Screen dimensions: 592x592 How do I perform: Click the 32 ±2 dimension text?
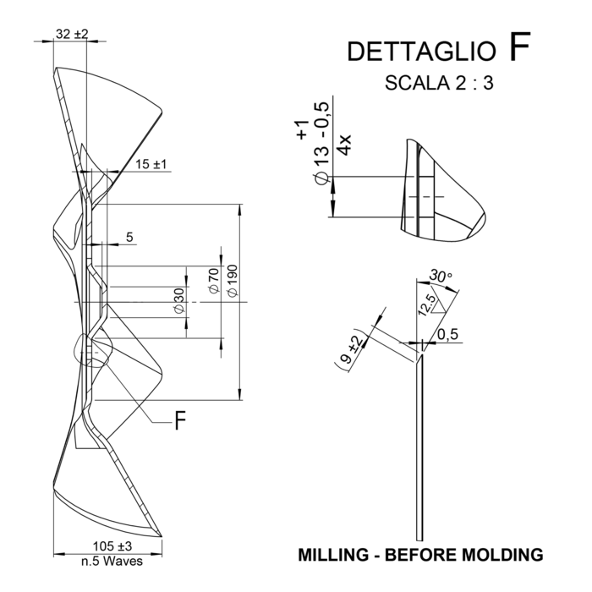pyautogui.click(x=72, y=34)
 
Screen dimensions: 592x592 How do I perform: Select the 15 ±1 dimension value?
pyautogui.click(x=151, y=164)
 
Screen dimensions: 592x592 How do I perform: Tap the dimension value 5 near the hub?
pyautogui.click(x=129, y=237)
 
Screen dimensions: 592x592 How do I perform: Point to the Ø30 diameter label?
pyautogui.click(x=179, y=300)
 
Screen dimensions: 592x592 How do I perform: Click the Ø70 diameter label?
pyautogui.click(x=214, y=281)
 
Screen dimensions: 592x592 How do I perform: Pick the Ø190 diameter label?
pyautogui.click(x=233, y=281)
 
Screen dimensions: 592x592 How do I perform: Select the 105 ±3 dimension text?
pyautogui.click(x=112, y=546)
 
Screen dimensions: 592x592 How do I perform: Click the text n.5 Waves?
pyautogui.click(x=112, y=561)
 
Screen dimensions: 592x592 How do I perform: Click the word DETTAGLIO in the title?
pyautogui.click(x=421, y=52)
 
